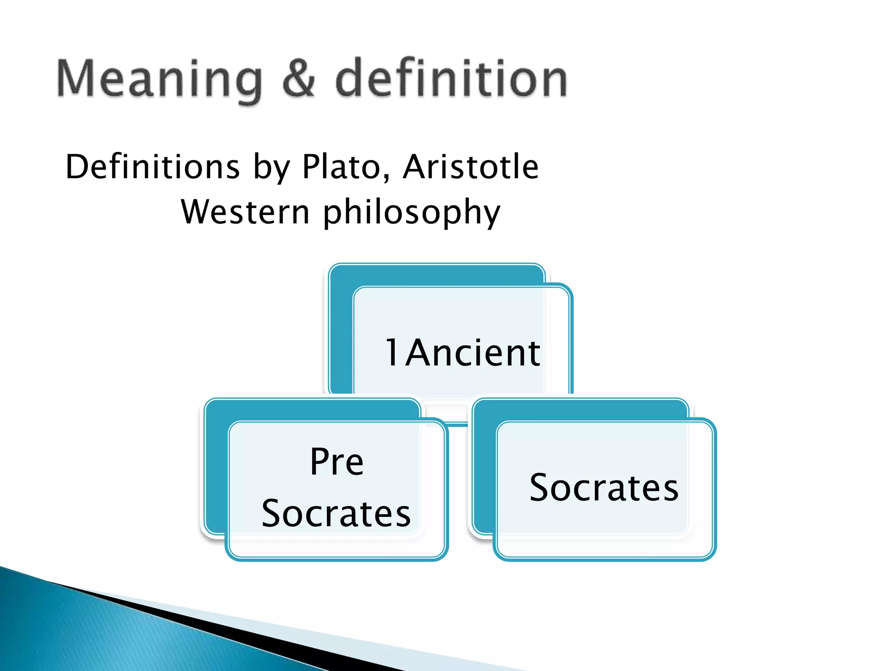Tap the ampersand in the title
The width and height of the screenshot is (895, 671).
pos(298,79)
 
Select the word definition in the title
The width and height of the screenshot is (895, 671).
pos(451,79)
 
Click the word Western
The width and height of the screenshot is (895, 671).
pos(245,212)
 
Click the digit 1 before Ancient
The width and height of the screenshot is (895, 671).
pos(392,353)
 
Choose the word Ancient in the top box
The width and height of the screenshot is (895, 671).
pos(473,353)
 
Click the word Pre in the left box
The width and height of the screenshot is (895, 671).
pos(336,462)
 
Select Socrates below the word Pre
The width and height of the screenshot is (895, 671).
pos(336,514)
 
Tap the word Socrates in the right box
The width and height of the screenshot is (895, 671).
pos(604,488)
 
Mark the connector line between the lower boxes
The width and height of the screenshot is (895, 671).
pos(457,424)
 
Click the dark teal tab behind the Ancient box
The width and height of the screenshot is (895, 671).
pos(341,332)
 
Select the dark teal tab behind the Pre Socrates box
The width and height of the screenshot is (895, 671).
pos(216,467)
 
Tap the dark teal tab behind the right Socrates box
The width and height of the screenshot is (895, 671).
pos(484,467)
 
